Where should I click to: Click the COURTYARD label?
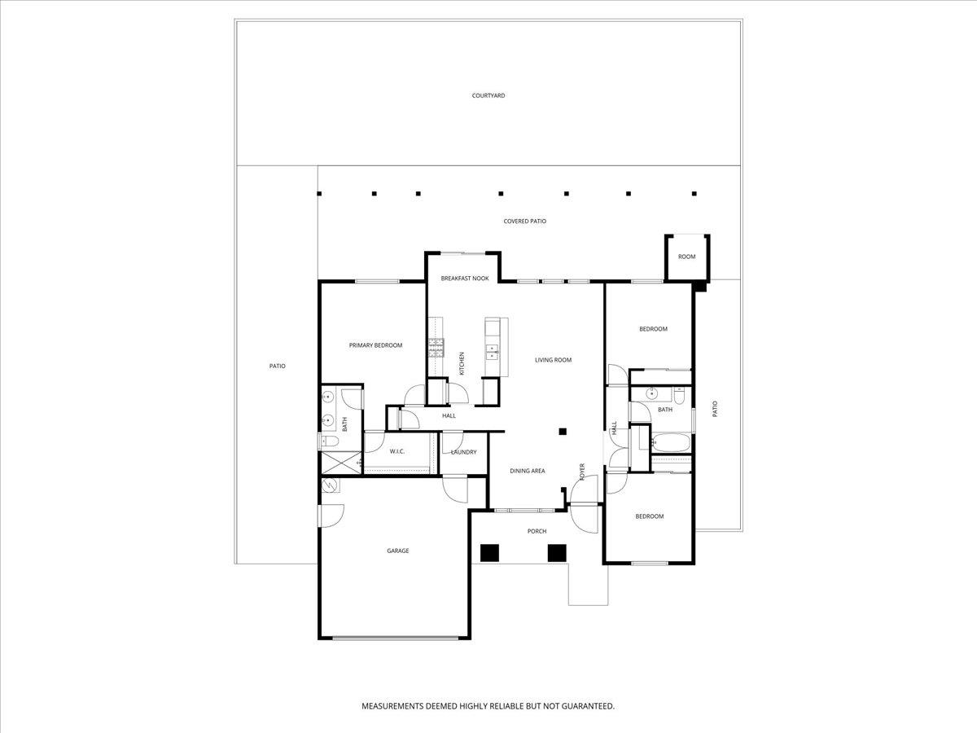[x=488, y=95]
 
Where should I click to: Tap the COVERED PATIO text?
[x=524, y=221]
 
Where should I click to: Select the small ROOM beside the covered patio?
[x=687, y=257]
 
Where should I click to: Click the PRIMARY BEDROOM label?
[x=375, y=345]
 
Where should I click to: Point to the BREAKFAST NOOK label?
[x=464, y=279]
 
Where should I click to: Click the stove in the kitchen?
[x=436, y=348]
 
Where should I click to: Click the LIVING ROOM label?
[x=553, y=360]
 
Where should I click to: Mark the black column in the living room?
[x=562, y=432]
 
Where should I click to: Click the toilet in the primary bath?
[x=328, y=441]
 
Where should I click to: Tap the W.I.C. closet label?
[x=397, y=451]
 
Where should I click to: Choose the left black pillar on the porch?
[x=489, y=553]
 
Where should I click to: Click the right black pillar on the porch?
[x=556, y=553]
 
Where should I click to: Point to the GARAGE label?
[x=397, y=551]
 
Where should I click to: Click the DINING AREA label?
[x=527, y=471]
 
